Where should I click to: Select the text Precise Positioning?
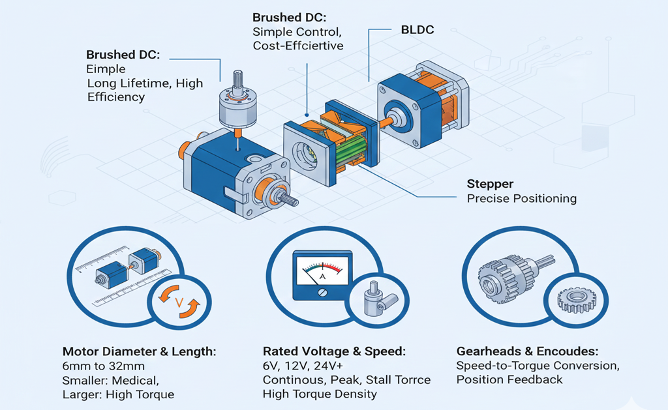(x=522, y=198)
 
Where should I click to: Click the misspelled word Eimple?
(x=104, y=68)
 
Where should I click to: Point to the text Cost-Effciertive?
(x=298, y=46)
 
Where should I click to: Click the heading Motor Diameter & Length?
(x=139, y=351)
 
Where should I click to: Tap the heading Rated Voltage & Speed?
(x=334, y=351)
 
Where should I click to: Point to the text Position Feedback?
(x=509, y=379)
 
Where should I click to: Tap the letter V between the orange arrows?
(x=179, y=302)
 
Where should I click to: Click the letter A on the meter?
(x=320, y=276)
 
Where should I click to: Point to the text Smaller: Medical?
(x=110, y=380)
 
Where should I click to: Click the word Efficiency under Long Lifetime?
(x=116, y=97)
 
